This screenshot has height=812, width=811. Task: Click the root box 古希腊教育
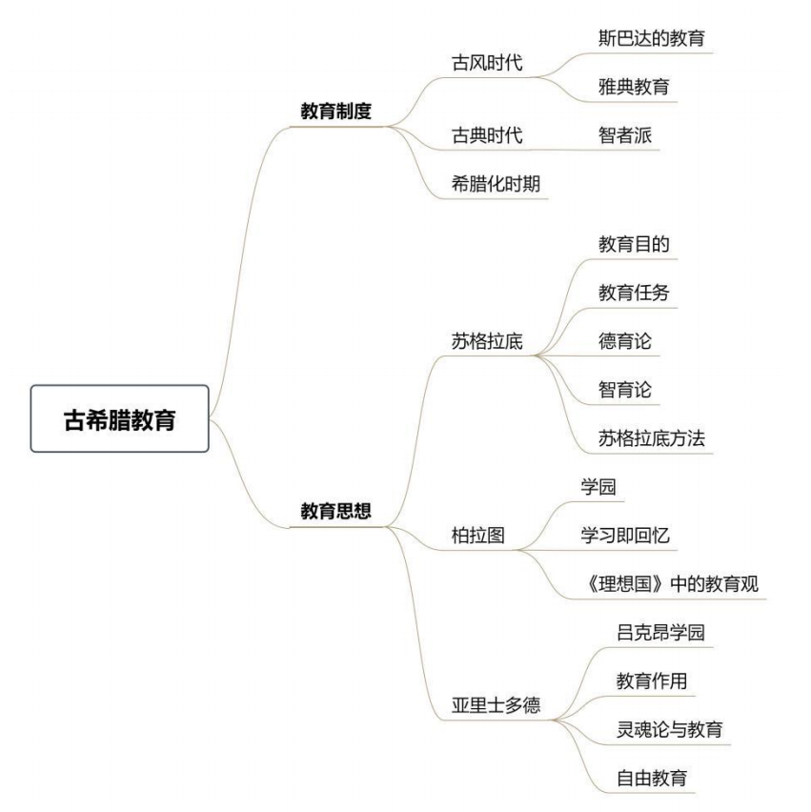120,418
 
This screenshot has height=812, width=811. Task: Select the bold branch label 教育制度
336,111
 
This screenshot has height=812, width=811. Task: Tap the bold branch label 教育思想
336,511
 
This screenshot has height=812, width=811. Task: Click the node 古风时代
487,63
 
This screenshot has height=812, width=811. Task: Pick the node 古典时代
487,135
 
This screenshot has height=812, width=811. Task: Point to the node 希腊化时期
496,184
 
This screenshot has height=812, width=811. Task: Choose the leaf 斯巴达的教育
652,38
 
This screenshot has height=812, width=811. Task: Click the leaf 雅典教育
634,87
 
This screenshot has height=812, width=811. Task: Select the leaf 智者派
624,135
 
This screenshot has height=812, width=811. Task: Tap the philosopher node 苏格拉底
487,341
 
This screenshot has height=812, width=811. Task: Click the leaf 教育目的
634,244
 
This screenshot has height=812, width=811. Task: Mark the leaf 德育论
624,341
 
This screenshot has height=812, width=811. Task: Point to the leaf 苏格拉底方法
652,438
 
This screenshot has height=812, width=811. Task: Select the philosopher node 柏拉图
478,535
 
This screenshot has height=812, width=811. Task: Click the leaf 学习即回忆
625,535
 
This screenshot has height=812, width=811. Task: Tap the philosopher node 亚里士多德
496,705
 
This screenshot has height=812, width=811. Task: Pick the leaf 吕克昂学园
660,632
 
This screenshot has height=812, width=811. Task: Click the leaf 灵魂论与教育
669,730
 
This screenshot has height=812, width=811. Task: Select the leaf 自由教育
652,778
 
